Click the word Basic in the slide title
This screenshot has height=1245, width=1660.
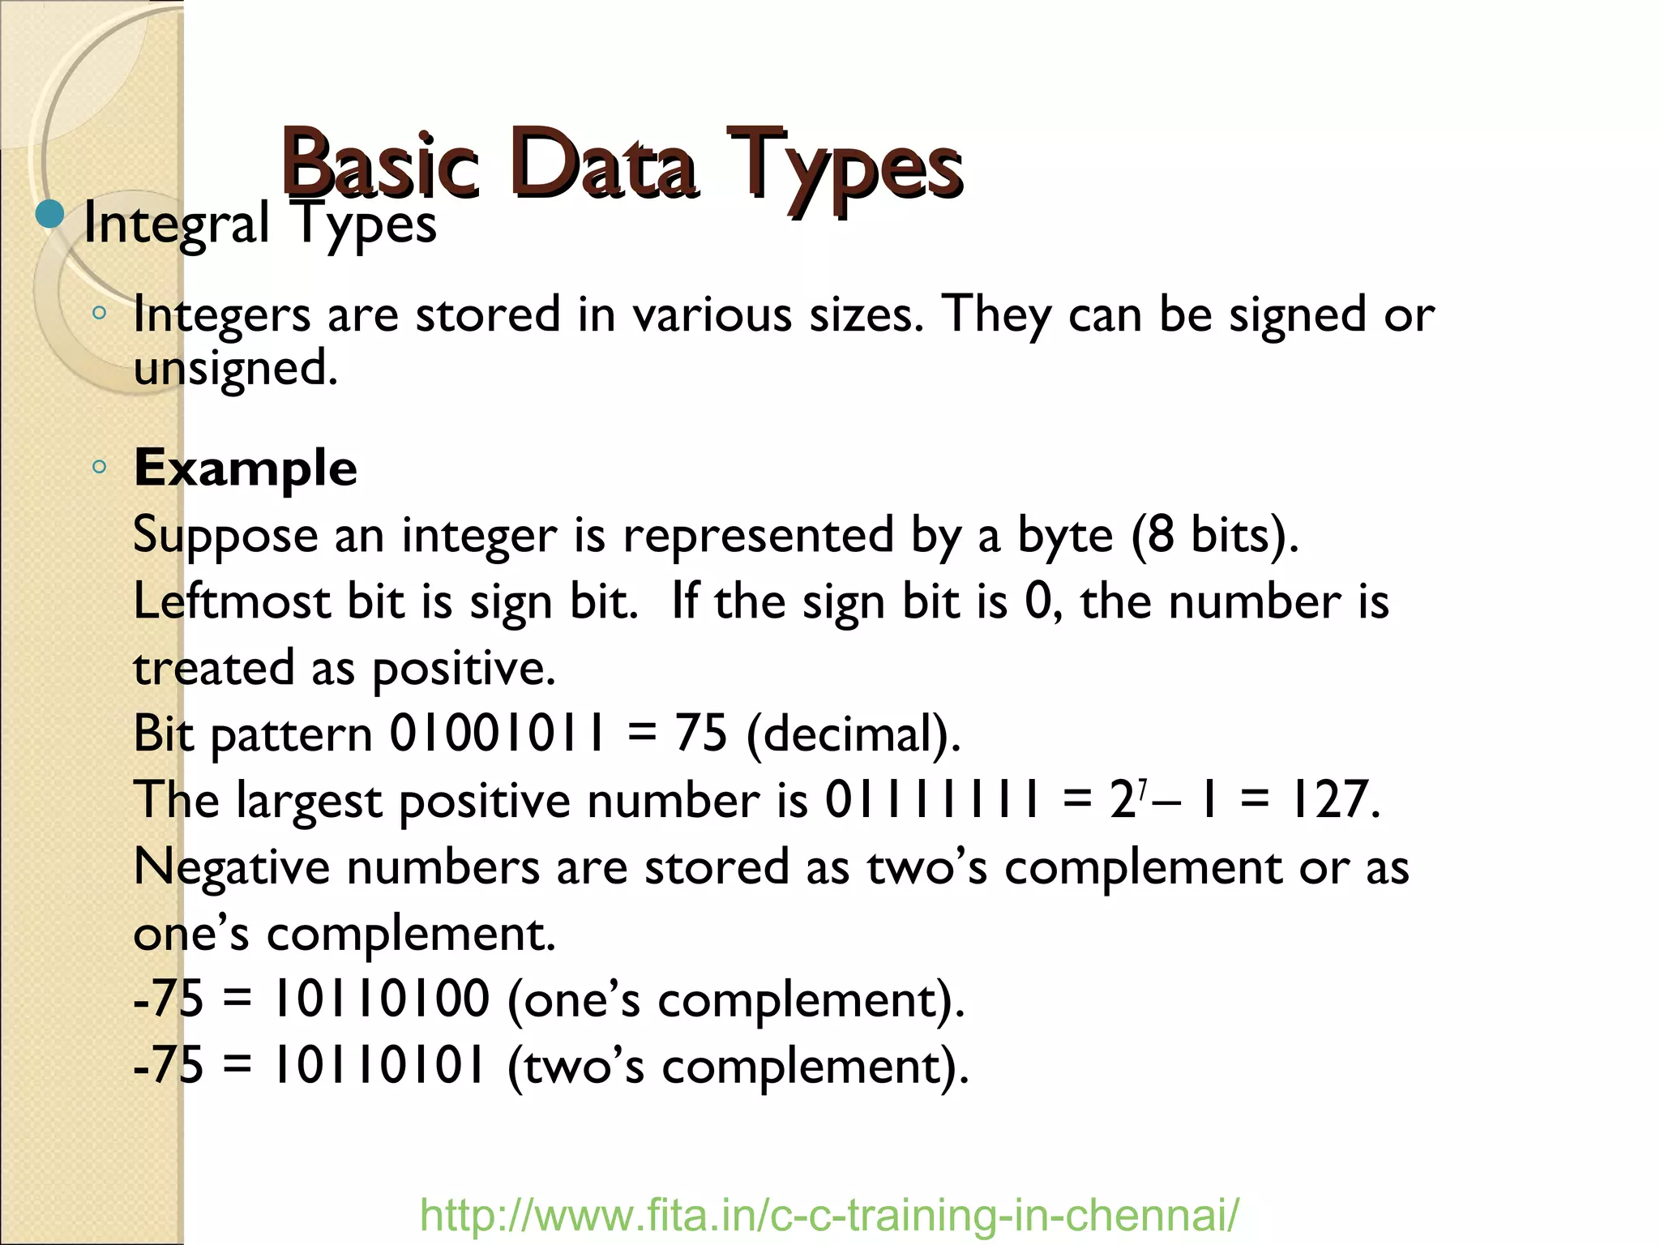[x=380, y=166]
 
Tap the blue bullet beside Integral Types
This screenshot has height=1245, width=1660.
[x=50, y=215]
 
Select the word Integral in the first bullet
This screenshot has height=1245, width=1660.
[x=177, y=225]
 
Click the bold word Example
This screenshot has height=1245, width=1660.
[x=245, y=468]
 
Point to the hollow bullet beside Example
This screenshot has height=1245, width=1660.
[x=99, y=466]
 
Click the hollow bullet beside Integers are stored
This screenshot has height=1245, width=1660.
[x=99, y=312]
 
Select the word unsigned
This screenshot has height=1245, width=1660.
[x=235, y=369]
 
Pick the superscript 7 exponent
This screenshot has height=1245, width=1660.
[x=1142, y=787]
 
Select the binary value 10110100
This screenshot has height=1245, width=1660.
[x=382, y=999]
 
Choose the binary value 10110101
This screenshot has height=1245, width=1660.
[x=382, y=1065]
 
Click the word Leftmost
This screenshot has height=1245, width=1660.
[x=232, y=601]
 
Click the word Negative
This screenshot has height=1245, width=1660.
[x=232, y=867]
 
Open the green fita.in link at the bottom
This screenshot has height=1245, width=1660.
[x=829, y=1215]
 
